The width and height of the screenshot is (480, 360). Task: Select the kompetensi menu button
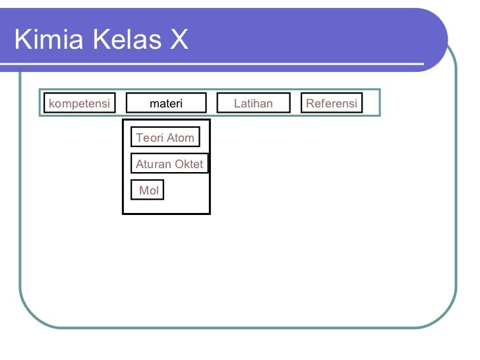79,104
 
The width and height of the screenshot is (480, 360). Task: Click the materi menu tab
166,104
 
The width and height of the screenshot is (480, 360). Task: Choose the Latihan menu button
253,104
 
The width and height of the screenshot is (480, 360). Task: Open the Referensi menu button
332,104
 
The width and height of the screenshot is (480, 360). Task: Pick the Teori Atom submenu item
165,138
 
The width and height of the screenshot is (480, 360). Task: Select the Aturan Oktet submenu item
169,164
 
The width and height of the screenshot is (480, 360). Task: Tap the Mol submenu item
148,191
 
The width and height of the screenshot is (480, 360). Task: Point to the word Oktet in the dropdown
189,164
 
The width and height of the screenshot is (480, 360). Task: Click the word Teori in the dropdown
149,138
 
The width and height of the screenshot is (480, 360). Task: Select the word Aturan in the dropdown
152,164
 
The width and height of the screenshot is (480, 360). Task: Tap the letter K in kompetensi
51,104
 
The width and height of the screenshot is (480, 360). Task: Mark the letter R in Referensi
310,104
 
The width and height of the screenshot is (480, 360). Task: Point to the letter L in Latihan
237,104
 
